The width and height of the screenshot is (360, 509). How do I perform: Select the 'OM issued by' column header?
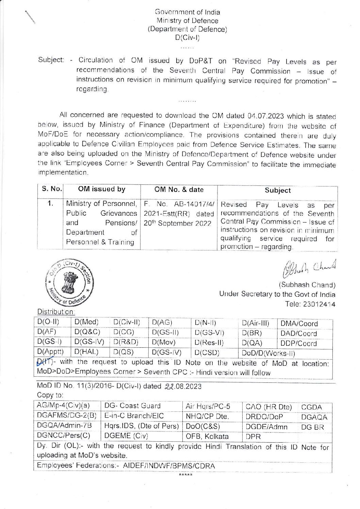(101, 190)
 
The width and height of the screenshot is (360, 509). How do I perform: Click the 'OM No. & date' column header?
(179, 190)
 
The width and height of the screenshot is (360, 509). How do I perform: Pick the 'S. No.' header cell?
(52, 189)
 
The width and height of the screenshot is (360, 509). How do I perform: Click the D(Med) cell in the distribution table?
(86, 322)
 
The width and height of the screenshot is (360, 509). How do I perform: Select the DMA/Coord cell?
(299, 324)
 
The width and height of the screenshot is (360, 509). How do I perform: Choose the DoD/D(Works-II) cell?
(268, 353)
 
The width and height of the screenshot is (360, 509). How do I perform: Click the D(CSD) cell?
(207, 352)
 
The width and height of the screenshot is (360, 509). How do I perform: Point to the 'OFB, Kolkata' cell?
(207, 437)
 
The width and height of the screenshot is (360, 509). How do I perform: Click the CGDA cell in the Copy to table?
(311, 407)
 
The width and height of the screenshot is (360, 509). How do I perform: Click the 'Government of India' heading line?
(187, 12)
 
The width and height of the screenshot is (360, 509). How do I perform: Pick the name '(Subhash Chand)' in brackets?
(307, 285)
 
